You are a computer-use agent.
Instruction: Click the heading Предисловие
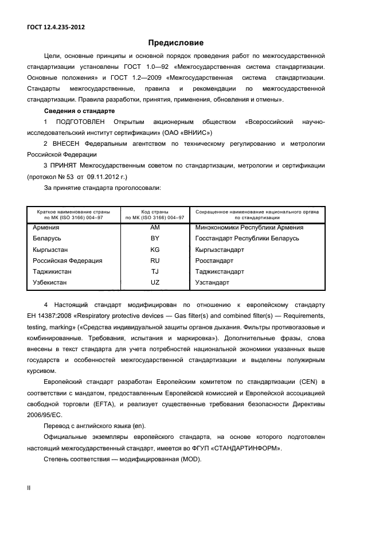click(x=176, y=42)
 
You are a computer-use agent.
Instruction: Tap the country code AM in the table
click(x=154, y=227)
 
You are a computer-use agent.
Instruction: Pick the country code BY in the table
click(x=154, y=238)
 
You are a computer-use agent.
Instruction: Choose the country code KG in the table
click(x=154, y=250)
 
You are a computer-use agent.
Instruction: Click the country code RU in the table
click(x=154, y=260)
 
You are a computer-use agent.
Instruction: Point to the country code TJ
click(x=154, y=271)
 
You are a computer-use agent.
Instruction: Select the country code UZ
click(x=154, y=283)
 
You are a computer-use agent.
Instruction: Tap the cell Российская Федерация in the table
click(x=68, y=260)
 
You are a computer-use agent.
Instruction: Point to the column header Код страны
click(x=154, y=212)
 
